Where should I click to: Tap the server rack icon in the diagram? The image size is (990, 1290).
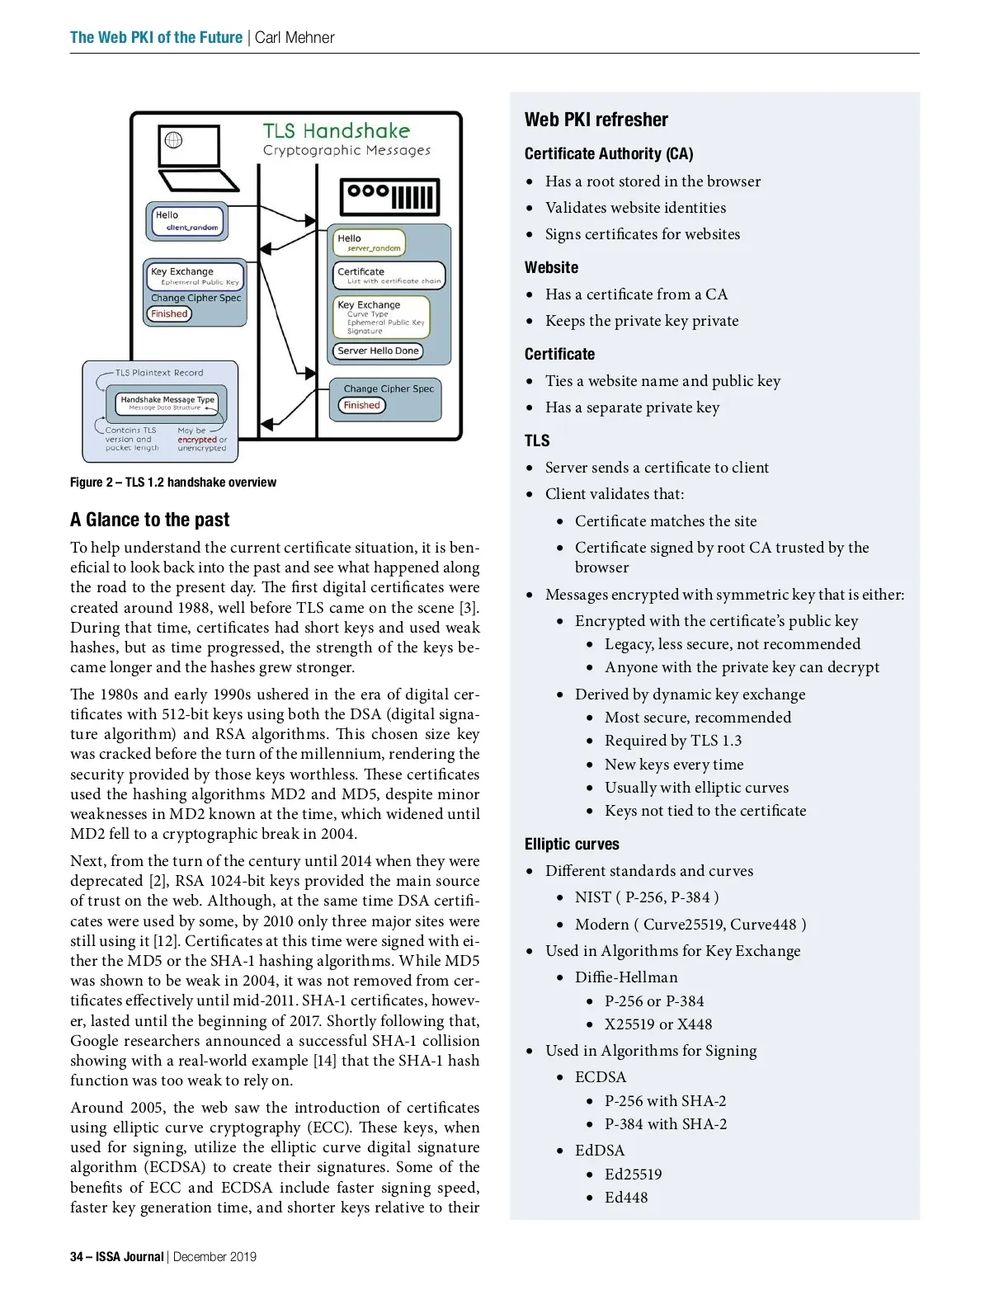click(x=389, y=197)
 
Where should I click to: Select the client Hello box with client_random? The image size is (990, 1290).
click(x=187, y=221)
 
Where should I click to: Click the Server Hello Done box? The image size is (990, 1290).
click(x=378, y=351)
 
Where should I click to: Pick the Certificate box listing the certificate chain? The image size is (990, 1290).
click(x=389, y=275)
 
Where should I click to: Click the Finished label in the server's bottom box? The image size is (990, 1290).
click(x=361, y=405)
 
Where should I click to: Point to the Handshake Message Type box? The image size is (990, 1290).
click(x=167, y=403)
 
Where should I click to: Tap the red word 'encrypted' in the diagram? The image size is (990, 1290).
click(x=197, y=440)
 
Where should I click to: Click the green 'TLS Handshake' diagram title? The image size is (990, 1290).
click(x=336, y=131)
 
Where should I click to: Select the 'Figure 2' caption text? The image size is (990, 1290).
click(x=173, y=483)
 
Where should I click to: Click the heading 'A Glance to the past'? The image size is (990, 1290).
click(x=149, y=520)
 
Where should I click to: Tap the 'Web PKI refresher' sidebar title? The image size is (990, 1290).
click(x=596, y=120)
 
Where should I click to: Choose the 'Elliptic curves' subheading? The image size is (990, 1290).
click(x=572, y=844)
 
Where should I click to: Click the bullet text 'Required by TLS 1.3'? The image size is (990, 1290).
click(x=672, y=741)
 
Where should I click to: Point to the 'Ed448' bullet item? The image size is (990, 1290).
click(x=626, y=1197)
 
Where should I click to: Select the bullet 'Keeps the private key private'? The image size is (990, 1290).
click(x=642, y=321)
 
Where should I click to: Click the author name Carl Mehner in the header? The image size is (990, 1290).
click(x=295, y=37)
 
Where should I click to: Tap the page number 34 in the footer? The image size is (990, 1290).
click(x=77, y=1256)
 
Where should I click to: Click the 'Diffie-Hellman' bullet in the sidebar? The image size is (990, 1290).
click(x=626, y=977)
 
